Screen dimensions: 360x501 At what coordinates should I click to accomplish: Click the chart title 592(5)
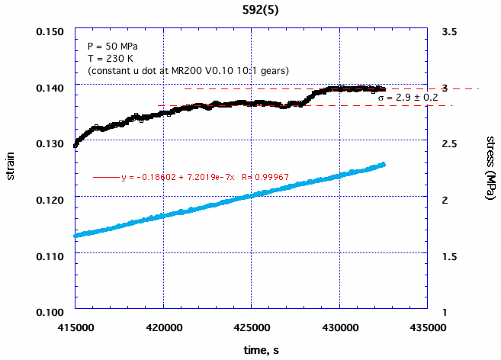tap(250, 10)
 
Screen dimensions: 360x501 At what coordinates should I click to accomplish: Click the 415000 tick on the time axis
tap(75, 326)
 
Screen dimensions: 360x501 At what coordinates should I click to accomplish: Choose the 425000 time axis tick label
tap(251, 326)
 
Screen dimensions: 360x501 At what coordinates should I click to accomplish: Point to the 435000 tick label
tap(426, 326)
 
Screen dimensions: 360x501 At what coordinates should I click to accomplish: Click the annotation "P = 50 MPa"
tap(115, 47)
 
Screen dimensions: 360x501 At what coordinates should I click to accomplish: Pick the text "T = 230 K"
tap(111, 59)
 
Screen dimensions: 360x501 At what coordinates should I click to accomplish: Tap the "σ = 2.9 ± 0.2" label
tap(408, 98)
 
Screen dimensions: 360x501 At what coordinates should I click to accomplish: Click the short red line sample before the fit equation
tap(106, 178)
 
